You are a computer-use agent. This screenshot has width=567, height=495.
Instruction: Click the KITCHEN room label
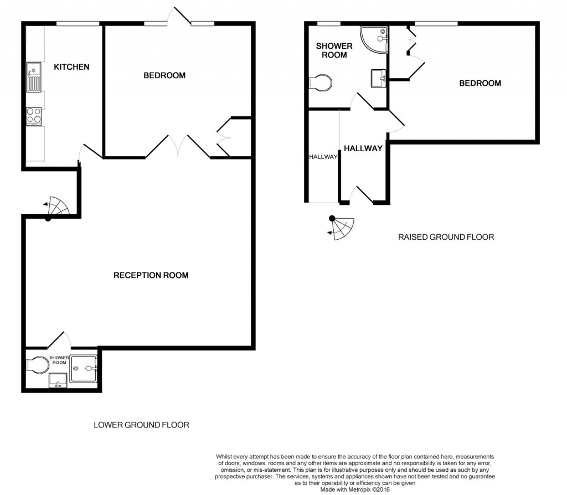click(71, 67)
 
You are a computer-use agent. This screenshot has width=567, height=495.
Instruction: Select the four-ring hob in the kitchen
click(33, 116)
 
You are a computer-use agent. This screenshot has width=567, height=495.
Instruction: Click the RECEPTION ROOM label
click(151, 275)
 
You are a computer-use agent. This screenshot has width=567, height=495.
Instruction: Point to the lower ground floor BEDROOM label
click(164, 75)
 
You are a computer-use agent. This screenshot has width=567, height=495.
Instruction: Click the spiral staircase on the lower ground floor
click(58, 207)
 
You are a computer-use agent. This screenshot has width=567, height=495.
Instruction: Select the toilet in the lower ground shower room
click(38, 365)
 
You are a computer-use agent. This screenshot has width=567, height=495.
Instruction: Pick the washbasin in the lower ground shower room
click(58, 380)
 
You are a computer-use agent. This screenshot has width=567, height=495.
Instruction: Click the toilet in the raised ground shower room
click(321, 82)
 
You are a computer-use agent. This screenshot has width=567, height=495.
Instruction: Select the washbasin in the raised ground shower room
click(378, 78)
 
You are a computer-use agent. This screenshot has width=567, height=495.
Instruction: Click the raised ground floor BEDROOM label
click(480, 83)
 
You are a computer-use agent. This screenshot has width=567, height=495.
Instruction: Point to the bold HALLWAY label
click(363, 148)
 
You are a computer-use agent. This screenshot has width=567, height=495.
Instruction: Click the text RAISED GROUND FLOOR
click(446, 237)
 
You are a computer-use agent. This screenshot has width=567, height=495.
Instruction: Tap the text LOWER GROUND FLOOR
click(141, 425)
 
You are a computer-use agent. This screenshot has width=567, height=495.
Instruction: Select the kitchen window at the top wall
click(78, 23)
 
